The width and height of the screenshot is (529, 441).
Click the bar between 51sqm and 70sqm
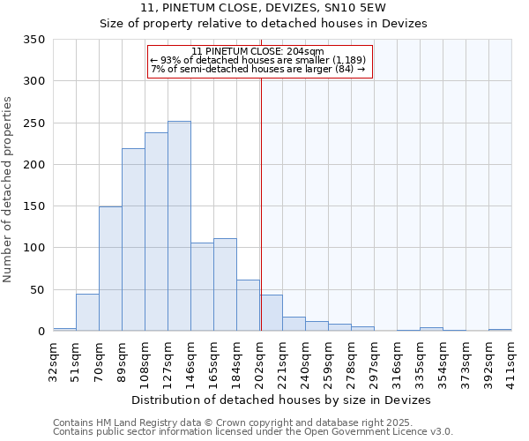click(87, 312)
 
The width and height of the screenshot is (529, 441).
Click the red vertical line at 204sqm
click(261, 203)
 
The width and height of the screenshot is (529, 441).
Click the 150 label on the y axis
click(34, 206)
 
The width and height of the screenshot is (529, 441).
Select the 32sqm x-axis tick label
click(53, 356)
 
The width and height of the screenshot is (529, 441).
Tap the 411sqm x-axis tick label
click(511, 356)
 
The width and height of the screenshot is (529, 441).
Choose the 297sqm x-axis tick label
click(374, 356)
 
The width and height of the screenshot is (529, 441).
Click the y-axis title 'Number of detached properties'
click(10, 189)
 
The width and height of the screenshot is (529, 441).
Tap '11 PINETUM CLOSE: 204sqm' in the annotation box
click(257, 52)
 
